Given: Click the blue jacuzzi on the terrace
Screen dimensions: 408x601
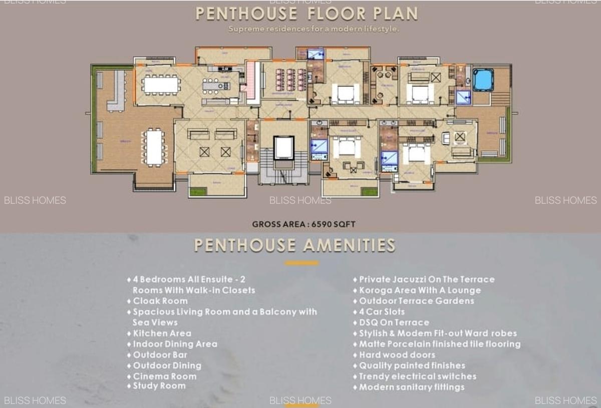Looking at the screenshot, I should point(483,79).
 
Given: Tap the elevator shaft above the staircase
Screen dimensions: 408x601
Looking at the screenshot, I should point(282,147).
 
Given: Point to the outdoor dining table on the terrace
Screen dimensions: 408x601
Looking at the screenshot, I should point(154,147).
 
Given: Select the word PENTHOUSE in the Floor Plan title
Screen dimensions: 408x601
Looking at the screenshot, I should point(239,14).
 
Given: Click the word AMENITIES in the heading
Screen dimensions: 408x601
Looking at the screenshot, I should point(349,245).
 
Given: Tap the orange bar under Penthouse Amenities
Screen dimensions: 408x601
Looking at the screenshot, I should point(301,263).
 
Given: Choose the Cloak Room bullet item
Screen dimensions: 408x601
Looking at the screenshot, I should point(160,301).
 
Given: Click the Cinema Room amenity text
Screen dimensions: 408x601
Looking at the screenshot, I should point(164,376).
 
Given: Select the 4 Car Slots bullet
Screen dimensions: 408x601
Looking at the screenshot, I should point(382,311).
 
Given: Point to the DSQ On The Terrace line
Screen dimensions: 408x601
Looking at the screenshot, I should point(394,322).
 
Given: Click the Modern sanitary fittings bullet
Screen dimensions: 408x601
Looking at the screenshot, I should point(411,387).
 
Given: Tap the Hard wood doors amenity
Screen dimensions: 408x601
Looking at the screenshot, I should point(397,355).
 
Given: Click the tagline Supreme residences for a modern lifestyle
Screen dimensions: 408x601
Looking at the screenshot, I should point(314,29).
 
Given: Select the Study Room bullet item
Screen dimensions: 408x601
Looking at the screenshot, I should point(159,386).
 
